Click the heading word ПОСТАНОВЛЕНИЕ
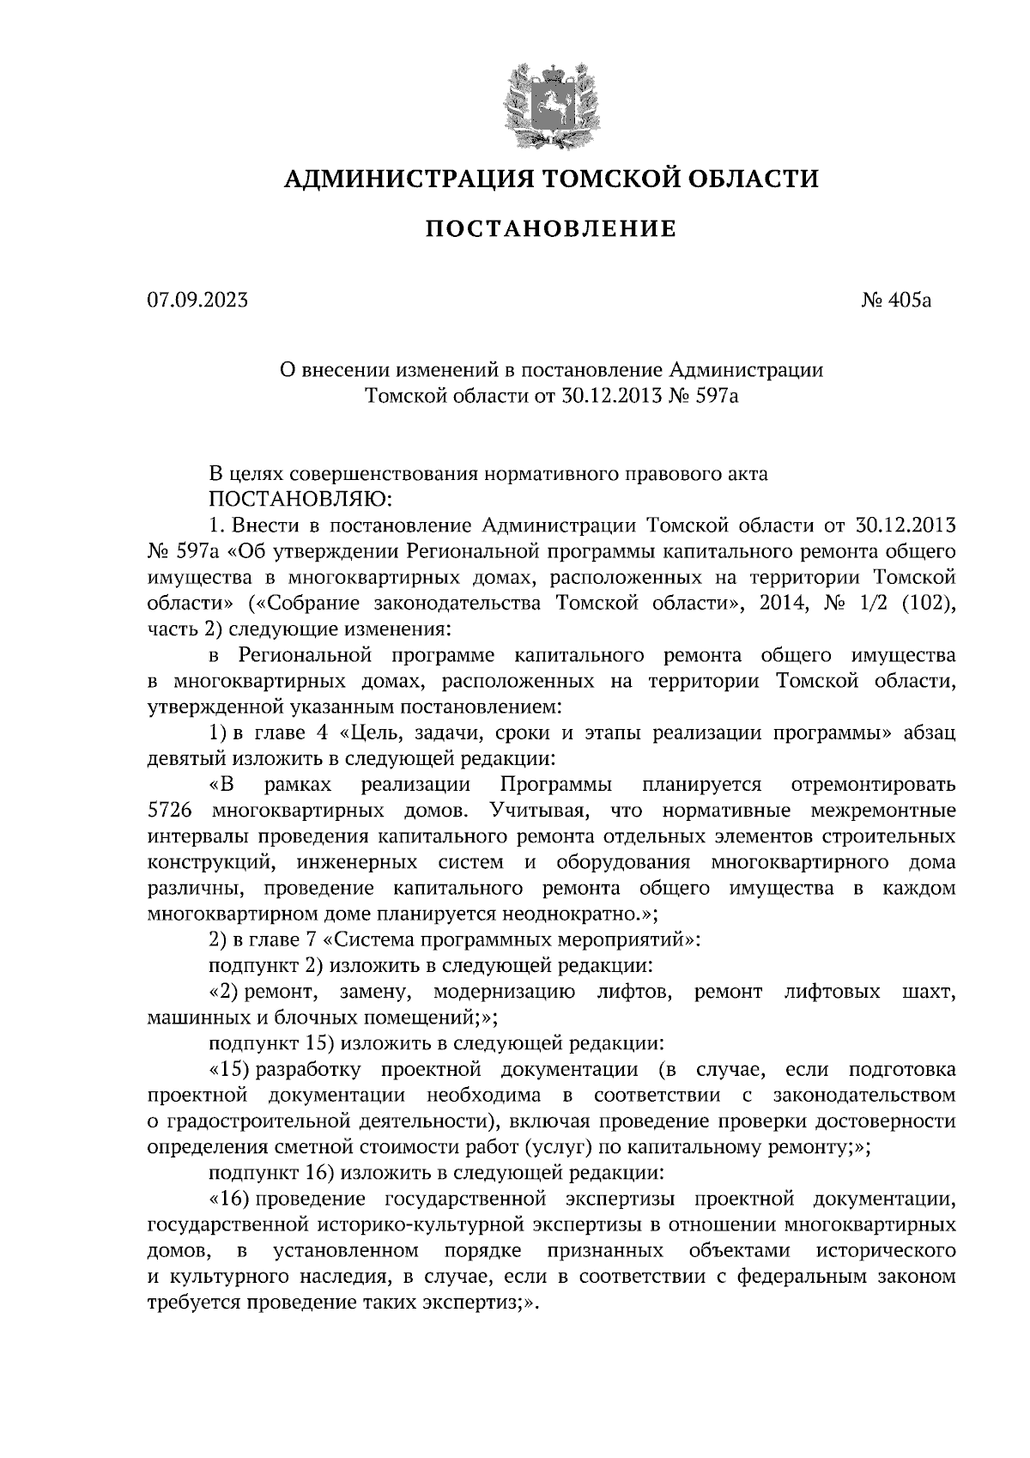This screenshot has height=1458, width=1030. click(551, 228)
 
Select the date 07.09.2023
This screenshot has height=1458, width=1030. click(197, 301)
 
